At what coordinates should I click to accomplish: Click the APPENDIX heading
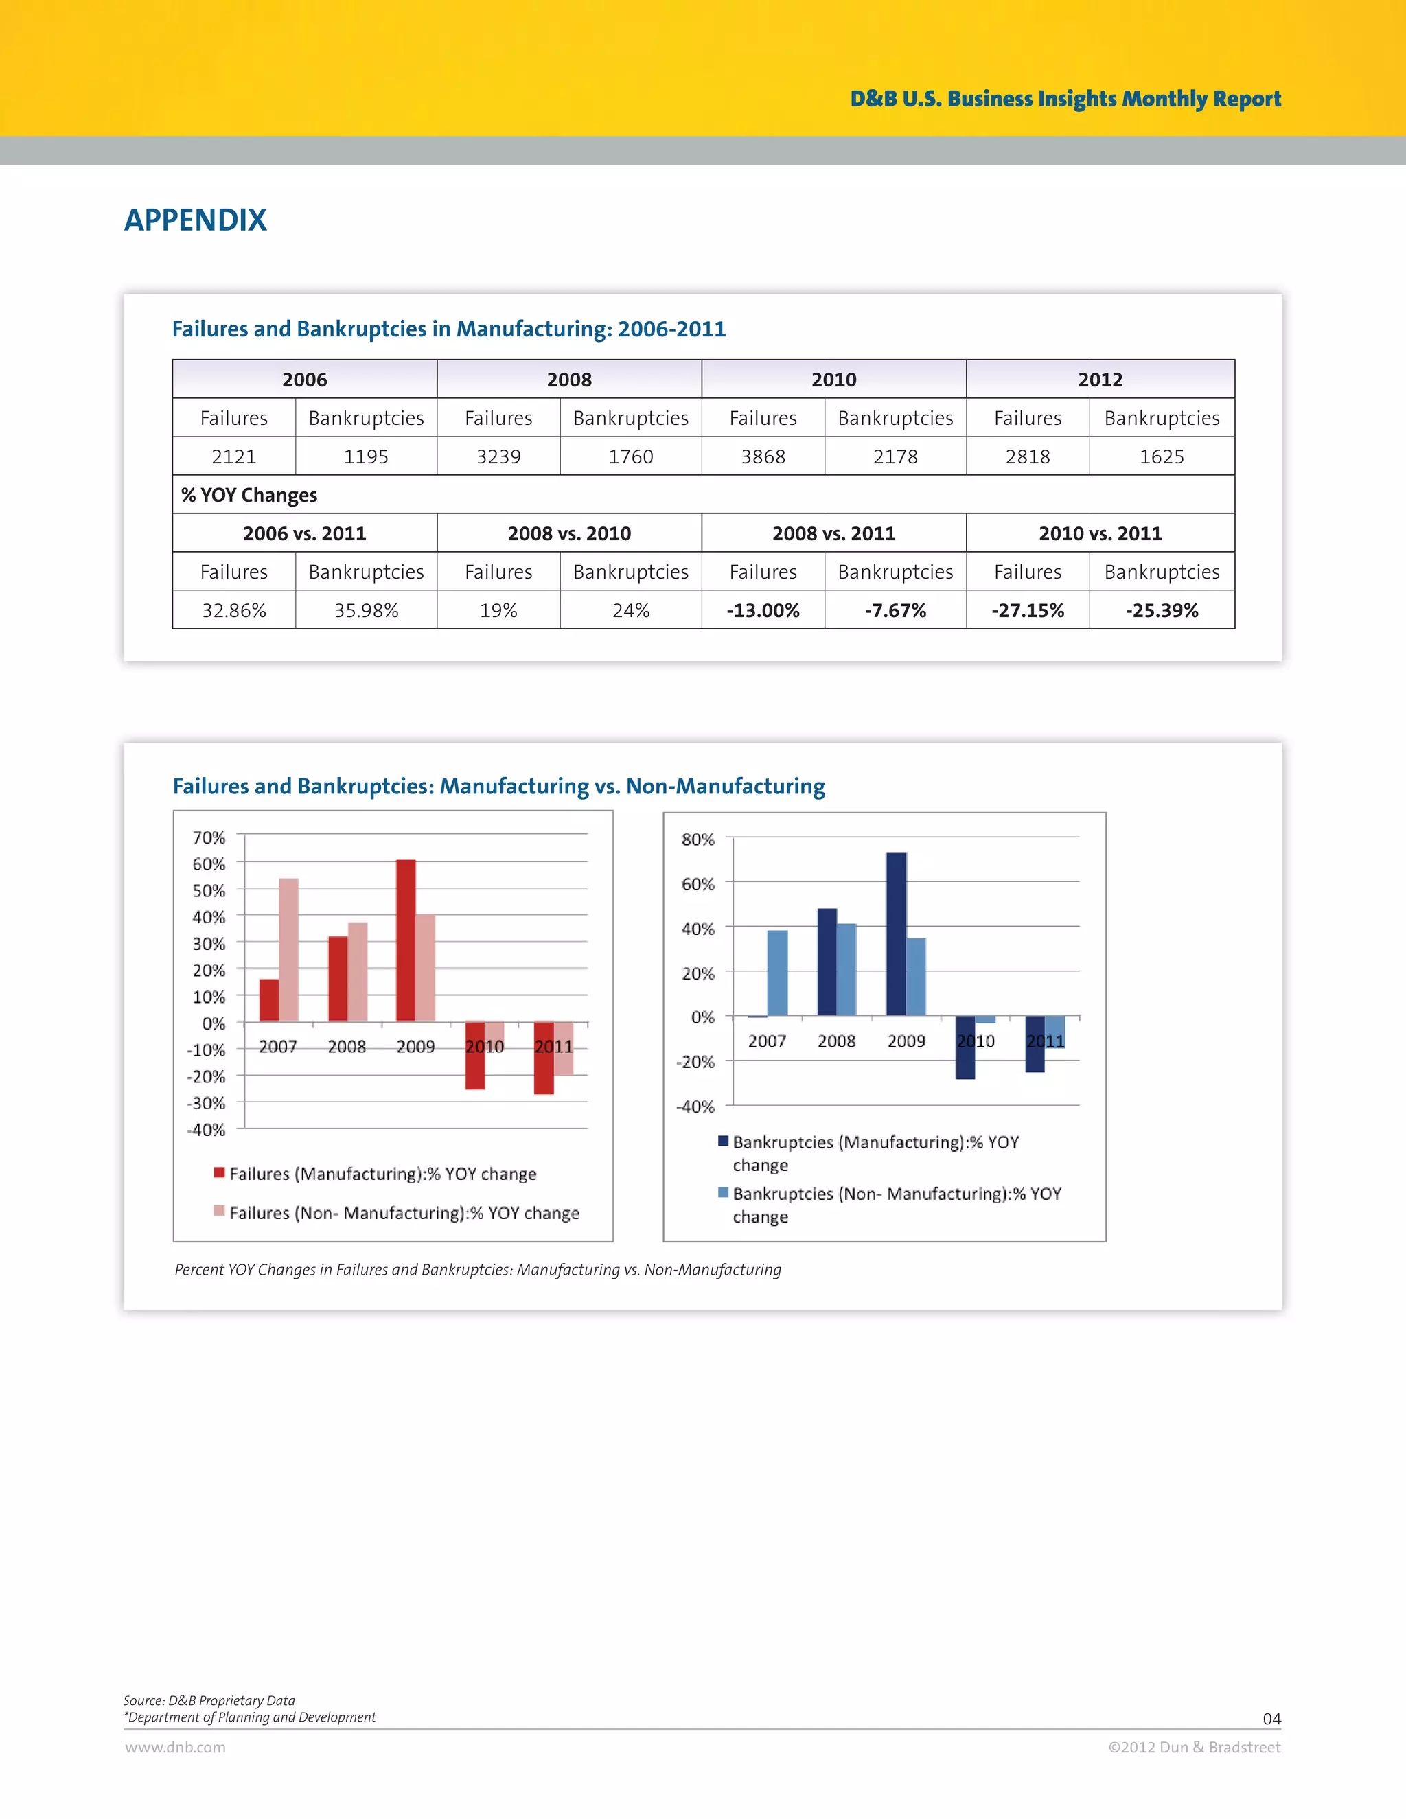[x=196, y=220]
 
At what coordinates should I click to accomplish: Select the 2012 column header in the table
[x=1100, y=380]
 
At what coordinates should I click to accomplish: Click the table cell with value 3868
[x=763, y=456]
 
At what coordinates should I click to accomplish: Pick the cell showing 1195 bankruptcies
[x=366, y=456]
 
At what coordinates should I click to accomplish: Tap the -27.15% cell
[x=1027, y=610]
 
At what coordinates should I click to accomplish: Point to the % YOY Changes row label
[x=249, y=495]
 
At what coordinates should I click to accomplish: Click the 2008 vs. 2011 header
[x=833, y=533]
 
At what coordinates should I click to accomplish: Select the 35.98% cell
[x=366, y=610]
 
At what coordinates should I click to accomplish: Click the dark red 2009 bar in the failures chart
[x=406, y=941]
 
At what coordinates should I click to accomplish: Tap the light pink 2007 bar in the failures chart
[x=288, y=949]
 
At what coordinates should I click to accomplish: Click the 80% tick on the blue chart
[x=698, y=839]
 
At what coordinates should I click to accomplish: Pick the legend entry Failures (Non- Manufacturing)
[x=404, y=1213]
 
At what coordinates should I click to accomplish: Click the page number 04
[x=1271, y=1718]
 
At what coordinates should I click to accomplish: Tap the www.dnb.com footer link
[x=176, y=1748]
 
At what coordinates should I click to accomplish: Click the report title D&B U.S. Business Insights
[x=1065, y=98]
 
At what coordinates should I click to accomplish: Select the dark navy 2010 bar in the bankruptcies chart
[x=965, y=1047]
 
